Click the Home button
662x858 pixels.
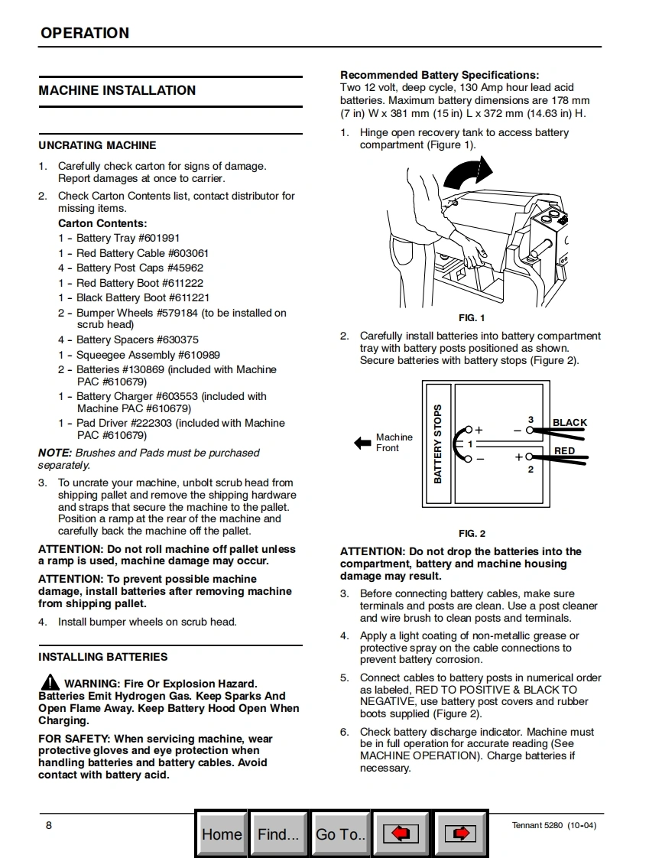click(221, 834)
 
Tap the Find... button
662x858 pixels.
click(278, 834)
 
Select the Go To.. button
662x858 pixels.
click(340, 834)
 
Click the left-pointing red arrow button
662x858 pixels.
click(401, 834)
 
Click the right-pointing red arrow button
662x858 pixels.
click(460, 834)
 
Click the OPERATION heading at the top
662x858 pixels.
click(85, 33)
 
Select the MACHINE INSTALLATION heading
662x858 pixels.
click(117, 90)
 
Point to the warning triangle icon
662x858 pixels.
click(50, 682)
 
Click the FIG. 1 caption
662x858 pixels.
click(471, 318)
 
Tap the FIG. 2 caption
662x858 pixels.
click(472, 534)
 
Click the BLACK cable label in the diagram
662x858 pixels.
click(570, 422)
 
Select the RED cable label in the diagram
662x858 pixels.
click(564, 451)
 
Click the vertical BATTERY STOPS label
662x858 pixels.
click(438, 444)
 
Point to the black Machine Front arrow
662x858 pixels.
click(362, 443)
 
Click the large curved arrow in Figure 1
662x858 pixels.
click(466, 174)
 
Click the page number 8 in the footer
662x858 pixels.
click(49, 825)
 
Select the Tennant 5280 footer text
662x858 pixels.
click(553, 825)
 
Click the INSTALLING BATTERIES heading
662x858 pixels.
click(103, 657)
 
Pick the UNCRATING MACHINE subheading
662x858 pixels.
click(97, 145)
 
